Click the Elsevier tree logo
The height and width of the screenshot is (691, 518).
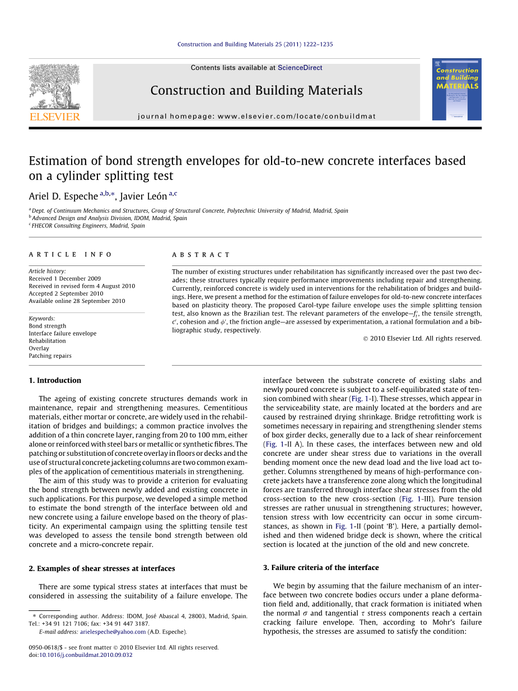(54, 87)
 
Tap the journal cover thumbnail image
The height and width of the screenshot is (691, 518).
(456, 90)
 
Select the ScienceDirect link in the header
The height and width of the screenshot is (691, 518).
(300, 68)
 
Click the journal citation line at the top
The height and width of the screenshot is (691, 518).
(255, 44)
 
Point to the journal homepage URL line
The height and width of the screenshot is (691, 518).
(256, 116)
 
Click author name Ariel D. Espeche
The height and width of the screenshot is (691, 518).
(63, 197)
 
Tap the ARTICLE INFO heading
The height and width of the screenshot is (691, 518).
(71, 255)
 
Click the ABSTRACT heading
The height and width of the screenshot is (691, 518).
(193, 255)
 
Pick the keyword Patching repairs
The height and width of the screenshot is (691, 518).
(50, 356)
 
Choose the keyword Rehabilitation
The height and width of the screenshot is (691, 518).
(47, 340)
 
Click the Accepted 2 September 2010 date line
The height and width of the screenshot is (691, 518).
(66, 293)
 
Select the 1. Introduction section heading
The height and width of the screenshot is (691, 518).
(55, 380)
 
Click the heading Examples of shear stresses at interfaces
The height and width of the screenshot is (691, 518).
(102, 568)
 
